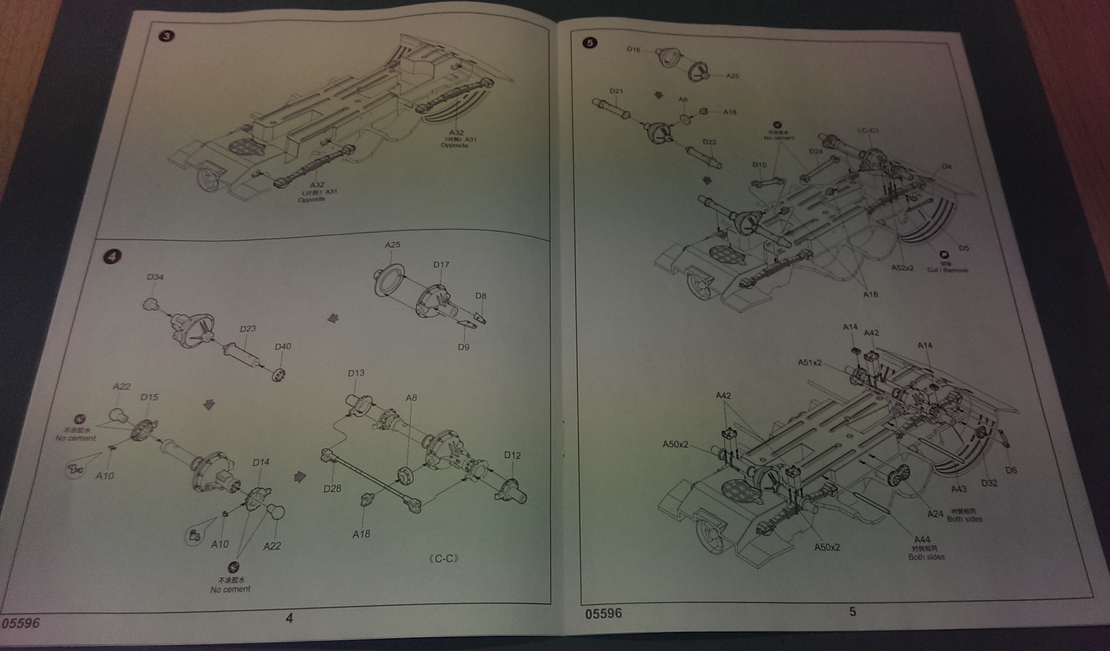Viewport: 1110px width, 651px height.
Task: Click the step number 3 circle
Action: click(167, 36)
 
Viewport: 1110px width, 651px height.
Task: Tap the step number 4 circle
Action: click(112, 257)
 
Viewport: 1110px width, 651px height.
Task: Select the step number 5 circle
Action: click(589, 43)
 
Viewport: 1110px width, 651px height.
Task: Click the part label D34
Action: click(155, 277)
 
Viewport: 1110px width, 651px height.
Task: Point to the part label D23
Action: click(247, 328)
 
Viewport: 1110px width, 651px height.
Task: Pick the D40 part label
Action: click(283, 347)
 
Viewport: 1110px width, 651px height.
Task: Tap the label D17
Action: click(441, 265)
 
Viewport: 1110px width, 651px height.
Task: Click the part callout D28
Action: click(332, 489)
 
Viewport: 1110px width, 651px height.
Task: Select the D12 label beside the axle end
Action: click(512, 455)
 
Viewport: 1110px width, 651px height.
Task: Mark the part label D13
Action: click(356, 373)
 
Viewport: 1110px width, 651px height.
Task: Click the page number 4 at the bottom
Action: click(289, 618)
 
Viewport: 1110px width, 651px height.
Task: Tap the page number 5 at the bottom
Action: click(853, 612)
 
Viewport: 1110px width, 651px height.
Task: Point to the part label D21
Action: click(616, 91)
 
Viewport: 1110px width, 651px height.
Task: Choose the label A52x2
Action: click(902, 268)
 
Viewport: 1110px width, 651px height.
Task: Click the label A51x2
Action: click(810, 362)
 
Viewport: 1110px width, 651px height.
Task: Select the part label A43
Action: click(958, 489)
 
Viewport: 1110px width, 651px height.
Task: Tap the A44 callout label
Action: click(922, 539)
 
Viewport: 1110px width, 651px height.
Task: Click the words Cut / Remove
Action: click(947, 270)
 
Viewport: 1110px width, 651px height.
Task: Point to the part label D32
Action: click(989, 483)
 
